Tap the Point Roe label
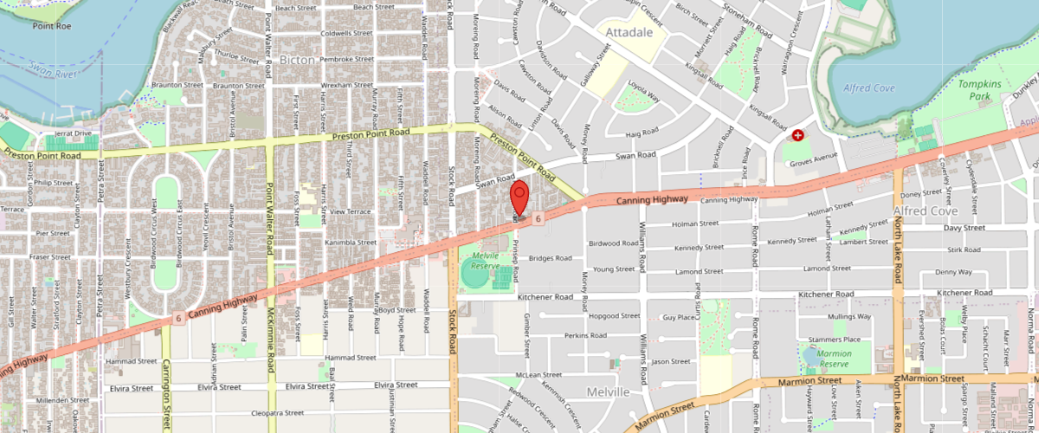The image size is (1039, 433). tap(52, 27)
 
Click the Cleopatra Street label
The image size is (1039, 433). tap(276, 413)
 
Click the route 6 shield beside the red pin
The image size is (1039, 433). tap(538, 219)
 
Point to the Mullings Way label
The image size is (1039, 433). tap(849, 318)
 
